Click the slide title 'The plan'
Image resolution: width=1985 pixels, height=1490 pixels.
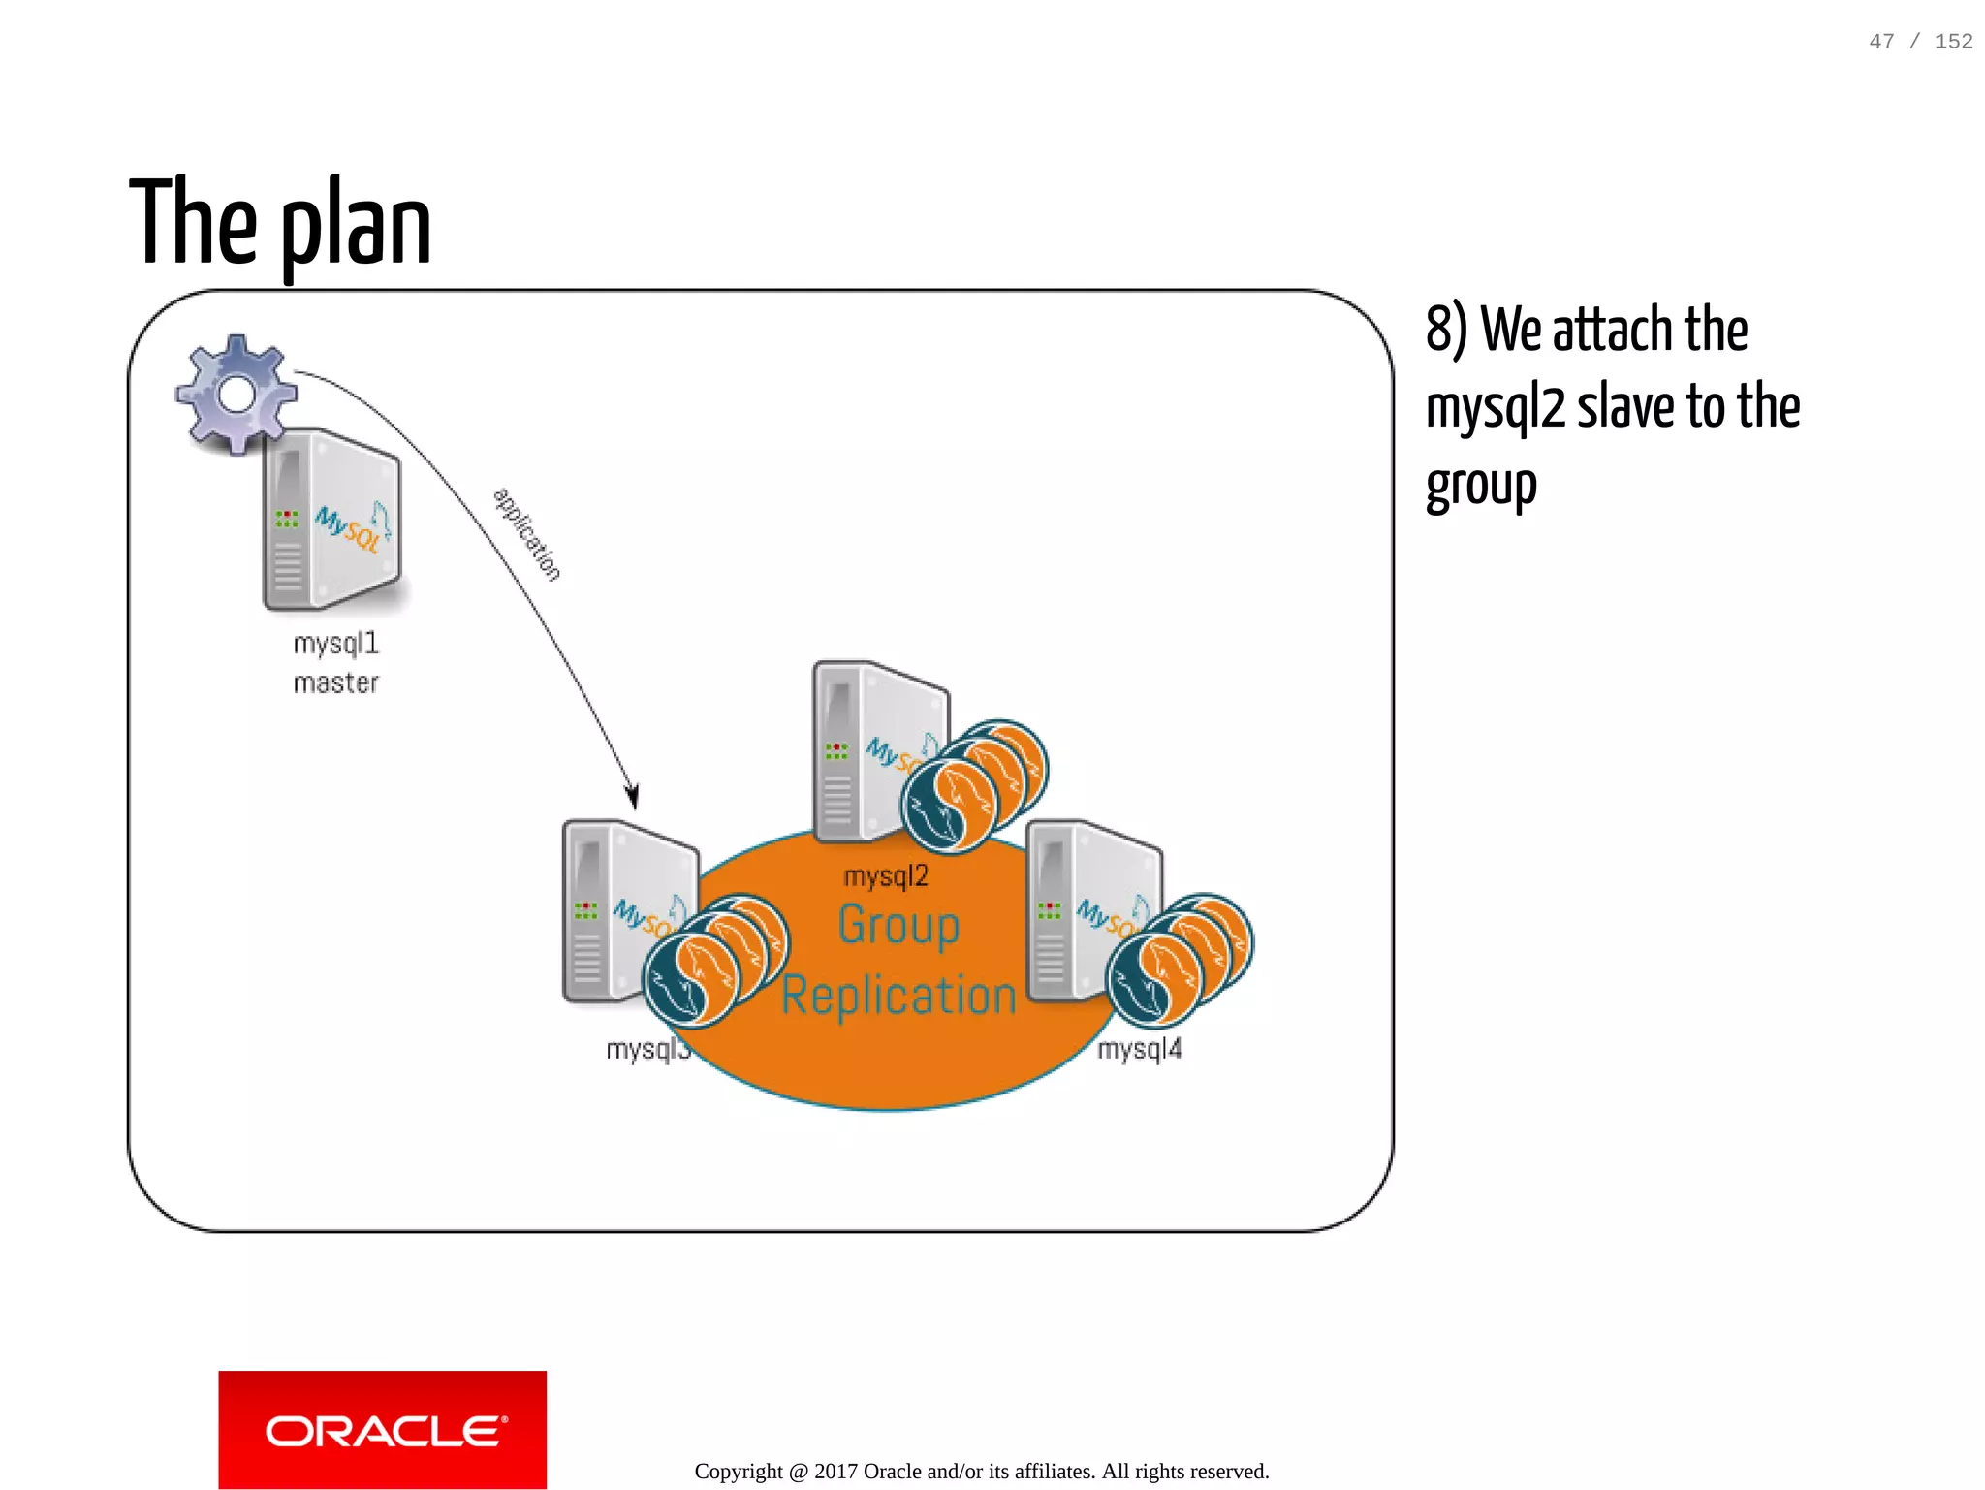tap(280, 223)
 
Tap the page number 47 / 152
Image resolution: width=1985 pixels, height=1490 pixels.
tap(1920, 42)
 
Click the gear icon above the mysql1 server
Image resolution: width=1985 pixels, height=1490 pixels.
tap(236, 394)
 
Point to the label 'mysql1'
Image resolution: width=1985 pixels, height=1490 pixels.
tap(335, 644)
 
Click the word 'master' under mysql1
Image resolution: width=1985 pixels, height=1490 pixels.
tap(335, 683)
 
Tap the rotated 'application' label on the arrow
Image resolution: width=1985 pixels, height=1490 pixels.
tap(526, 534)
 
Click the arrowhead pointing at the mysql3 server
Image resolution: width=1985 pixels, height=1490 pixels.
tap(632, 796)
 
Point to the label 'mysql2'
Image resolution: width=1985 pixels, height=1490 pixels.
tap(886, 876)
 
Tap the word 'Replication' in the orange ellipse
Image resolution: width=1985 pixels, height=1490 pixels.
tap(898, 996)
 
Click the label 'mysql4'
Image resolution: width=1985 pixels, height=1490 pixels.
tap(1139, 1049)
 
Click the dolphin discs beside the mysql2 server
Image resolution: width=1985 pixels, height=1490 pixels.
tap(974, 785)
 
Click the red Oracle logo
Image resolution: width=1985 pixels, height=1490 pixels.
tap(382, 1430)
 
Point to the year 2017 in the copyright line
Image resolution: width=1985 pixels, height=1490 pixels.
tap(835, 1472)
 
